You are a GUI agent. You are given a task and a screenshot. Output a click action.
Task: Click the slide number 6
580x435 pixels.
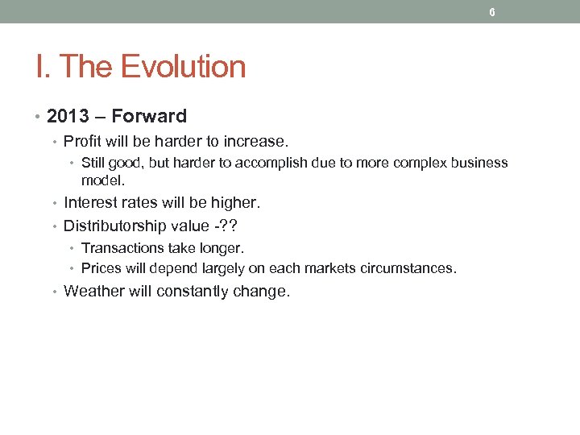click(x=491, y=12)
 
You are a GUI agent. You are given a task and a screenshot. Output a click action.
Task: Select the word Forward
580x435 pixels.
click(x=149, y=116)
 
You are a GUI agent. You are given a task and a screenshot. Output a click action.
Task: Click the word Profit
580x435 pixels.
click(x=82, y=141)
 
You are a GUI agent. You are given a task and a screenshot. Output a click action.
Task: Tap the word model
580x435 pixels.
click(x=102, y=180)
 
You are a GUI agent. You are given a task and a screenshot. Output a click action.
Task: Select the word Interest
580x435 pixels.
click(x=90, y=203)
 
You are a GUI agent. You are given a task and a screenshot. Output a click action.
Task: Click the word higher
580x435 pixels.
click(x=234, y=203)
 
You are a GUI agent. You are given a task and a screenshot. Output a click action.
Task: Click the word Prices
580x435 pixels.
click(x=100, y=267)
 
